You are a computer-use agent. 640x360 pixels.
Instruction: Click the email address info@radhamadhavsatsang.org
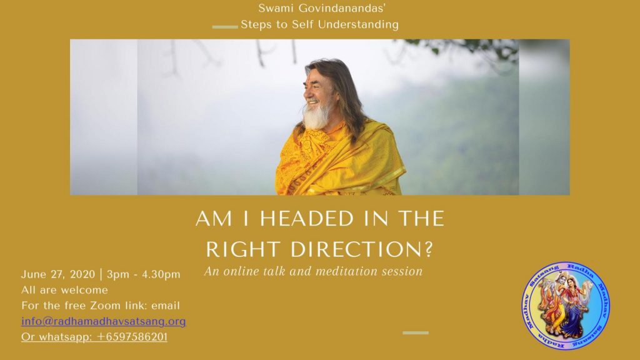(104, 321)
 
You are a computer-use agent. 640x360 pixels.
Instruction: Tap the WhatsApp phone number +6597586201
(132, 337)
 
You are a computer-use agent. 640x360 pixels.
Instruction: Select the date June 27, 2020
(58, 275)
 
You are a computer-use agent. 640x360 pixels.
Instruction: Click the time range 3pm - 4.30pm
(144, 275)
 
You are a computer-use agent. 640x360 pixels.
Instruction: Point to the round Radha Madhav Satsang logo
(566, 306)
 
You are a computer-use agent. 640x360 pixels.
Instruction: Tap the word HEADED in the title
(306, 219)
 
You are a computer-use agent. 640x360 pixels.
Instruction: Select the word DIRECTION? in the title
(361, 249)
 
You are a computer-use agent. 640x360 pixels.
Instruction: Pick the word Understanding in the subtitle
(358, 25)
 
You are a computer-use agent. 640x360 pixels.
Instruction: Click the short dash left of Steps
(225, 27)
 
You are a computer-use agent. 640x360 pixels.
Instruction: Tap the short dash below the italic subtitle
(416, 332)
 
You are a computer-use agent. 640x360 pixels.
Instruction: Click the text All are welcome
(65, 290)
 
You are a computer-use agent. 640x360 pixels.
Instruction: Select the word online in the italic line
(242, 271)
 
